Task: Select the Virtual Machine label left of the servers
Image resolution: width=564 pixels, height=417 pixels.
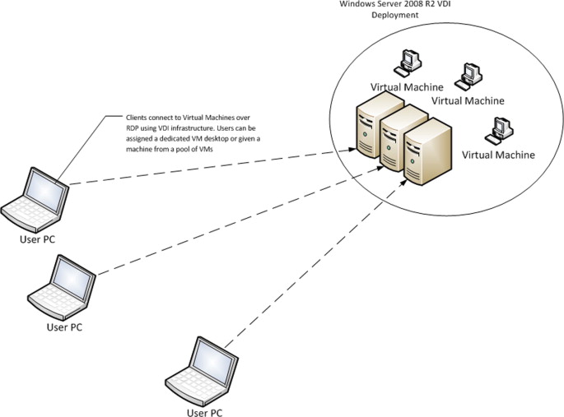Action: (x=406, y=87)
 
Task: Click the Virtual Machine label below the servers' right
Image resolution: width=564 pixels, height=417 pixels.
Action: (x=498, y=155)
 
